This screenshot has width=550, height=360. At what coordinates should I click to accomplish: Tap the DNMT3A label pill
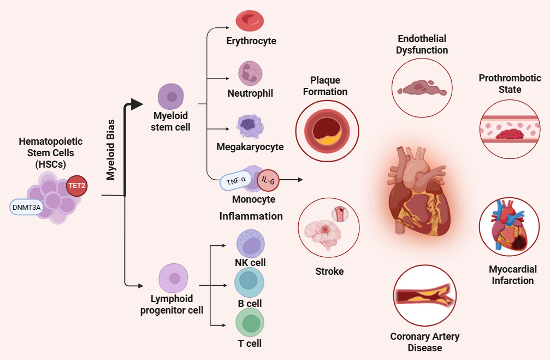(26, 207)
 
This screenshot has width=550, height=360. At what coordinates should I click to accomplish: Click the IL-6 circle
(268, 179)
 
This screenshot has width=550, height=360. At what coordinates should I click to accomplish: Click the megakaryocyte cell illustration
(250, 126)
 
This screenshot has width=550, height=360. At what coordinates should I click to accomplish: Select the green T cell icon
(250, 323)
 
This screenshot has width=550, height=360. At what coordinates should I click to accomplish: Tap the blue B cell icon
(249, 281)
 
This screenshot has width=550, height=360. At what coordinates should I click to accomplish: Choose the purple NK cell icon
(250, 242)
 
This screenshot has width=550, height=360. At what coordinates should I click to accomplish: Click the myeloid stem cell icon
(171, 97)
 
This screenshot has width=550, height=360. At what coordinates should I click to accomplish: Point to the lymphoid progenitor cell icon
(174, 279)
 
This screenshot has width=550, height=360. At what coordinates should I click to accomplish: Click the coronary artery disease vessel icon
(424, 296)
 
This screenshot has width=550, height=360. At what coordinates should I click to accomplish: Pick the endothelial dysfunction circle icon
(421, 87)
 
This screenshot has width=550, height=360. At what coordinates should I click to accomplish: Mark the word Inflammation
(251, 216)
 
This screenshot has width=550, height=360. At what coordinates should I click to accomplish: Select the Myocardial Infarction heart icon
(508, 228)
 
